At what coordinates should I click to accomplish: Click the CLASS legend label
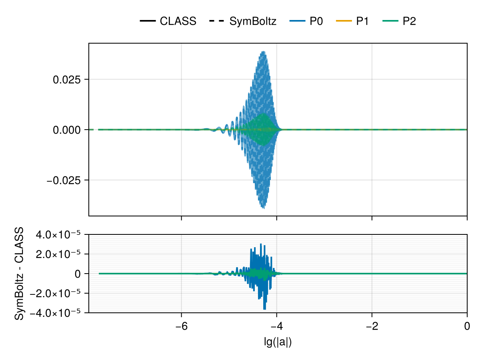click(x=178, y=21)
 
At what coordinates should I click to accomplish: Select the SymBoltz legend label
click(x=253, y=21)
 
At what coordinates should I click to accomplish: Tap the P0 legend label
click(x=316, y=21)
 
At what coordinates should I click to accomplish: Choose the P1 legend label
click(x=362, y=21)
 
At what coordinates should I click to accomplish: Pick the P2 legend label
click(x=409, y=21)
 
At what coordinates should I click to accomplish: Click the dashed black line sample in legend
click(x=216, y=21)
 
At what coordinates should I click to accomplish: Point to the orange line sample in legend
click(x=344, y=21)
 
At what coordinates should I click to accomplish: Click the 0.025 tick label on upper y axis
click(x=67, y=80)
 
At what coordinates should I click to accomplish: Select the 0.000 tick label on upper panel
click(x=67, y=130)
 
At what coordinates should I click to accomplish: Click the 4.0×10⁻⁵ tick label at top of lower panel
click(x=59, y=234)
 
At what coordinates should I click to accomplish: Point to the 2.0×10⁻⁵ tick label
click(x=59, y=254)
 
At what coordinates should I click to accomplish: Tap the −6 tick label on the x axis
click(x=182, y=326)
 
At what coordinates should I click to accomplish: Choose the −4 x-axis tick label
click(x=277, y=326)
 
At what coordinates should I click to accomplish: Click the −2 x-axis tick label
click(x=372, y=326)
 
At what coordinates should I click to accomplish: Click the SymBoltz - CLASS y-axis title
click(x=19, y=274)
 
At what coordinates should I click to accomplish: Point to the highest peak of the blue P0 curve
click(x=263, y=52)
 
